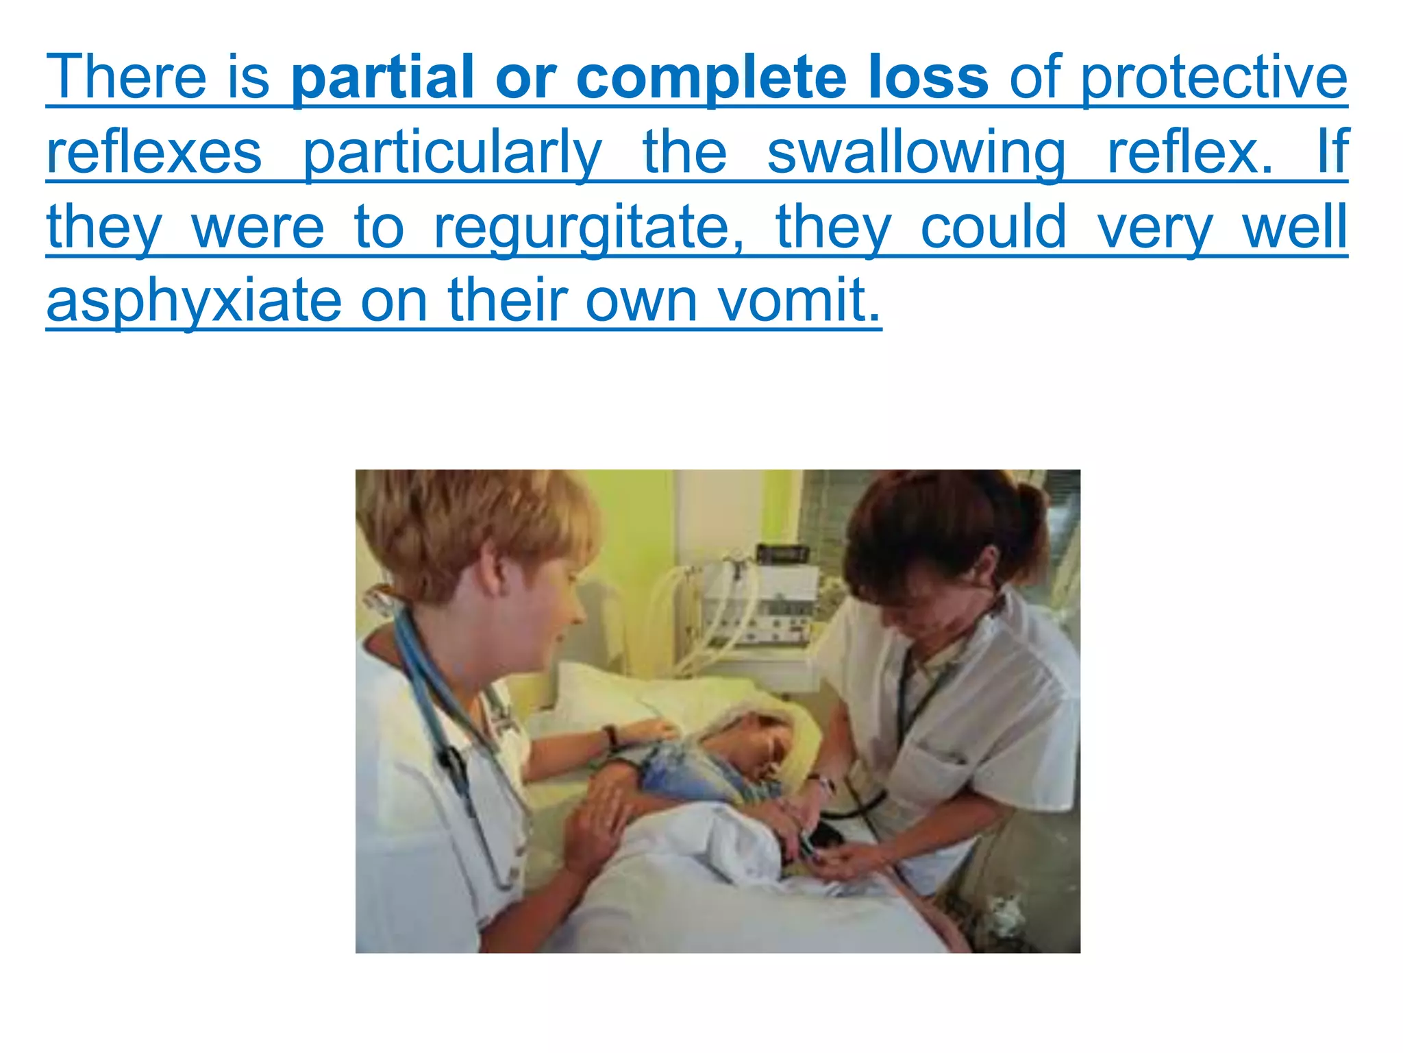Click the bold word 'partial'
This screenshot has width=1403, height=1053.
[382, 77]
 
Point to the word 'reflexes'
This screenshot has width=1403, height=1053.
[154, 152]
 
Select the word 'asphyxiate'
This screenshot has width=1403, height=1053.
[194, 302]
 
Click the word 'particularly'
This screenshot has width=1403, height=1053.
[452, 152]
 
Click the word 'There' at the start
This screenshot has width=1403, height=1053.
[126, 77]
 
